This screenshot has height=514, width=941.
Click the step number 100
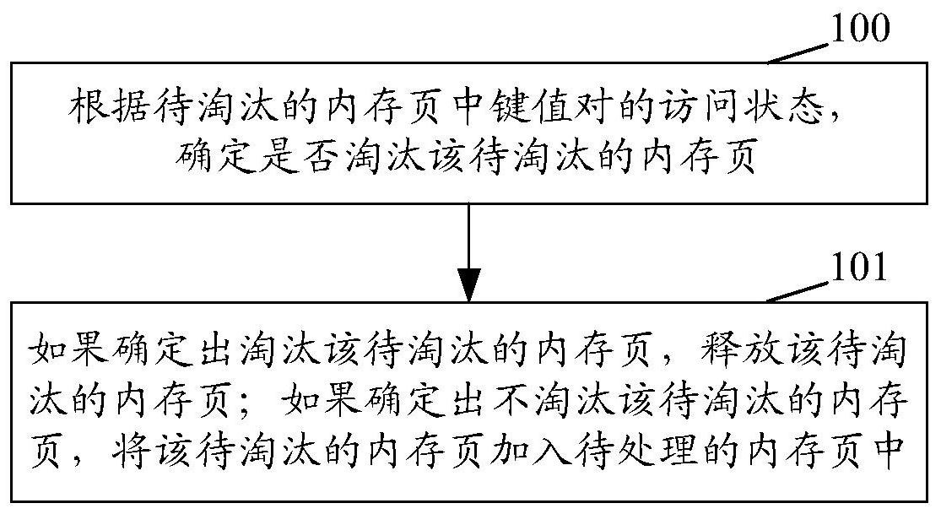click(x=860, y=30)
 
